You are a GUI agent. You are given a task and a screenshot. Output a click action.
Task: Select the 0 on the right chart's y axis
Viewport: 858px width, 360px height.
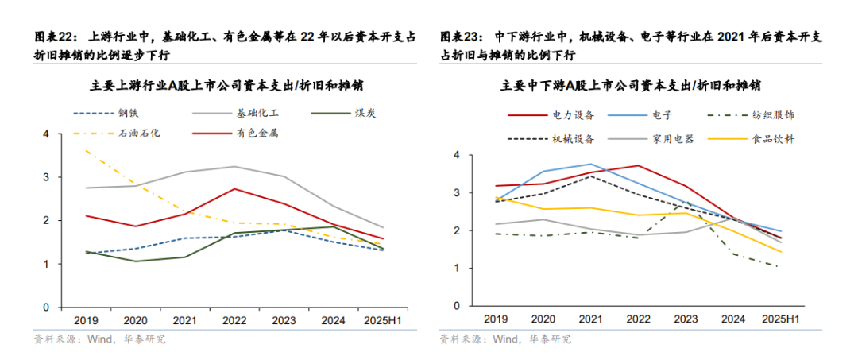coord(455,306)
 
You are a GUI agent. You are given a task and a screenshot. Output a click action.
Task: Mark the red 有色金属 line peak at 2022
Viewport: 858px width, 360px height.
coord(232,188)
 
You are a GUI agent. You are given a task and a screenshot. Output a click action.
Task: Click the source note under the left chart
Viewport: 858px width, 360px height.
coord(99,339)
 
